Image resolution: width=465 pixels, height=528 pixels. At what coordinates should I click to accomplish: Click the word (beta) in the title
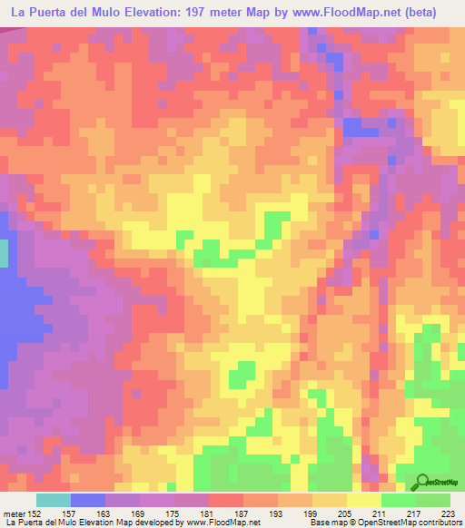point(418,13)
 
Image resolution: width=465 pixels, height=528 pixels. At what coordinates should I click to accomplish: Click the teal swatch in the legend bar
point(54,500)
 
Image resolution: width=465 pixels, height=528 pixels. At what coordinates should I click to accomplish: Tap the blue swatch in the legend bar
point(88,500)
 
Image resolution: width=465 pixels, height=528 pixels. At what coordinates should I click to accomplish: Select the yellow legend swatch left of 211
point(364,500)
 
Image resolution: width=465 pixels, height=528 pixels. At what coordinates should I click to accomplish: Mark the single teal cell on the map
point(4,252)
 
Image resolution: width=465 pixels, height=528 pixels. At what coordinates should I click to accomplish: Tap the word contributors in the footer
point(440,523)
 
